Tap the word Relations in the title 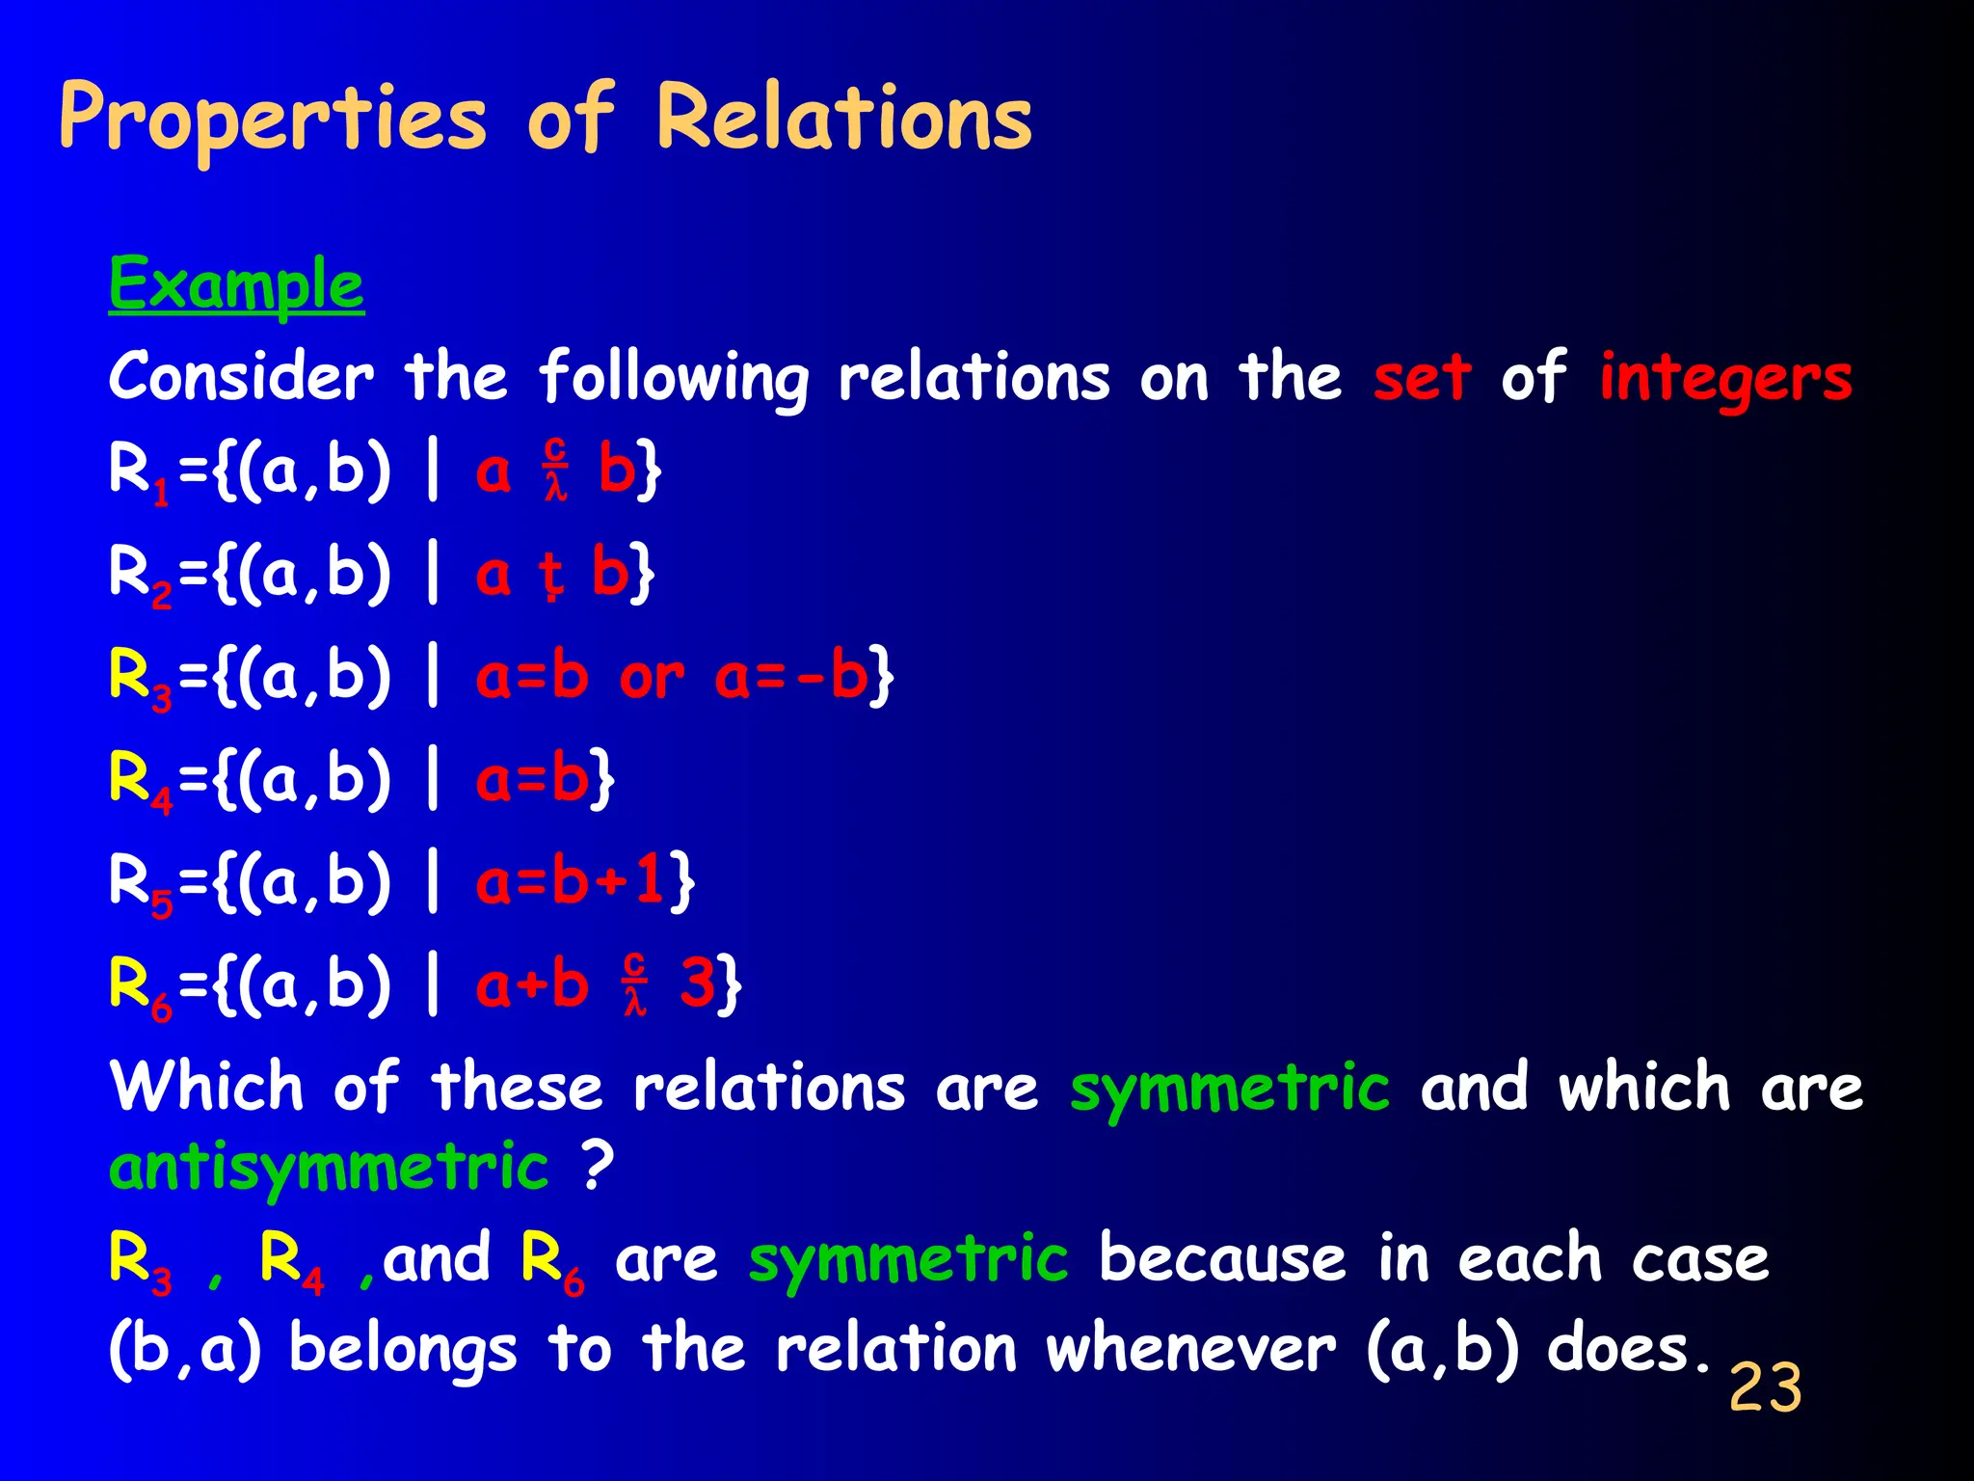[x=843, y=118]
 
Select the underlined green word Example [x=236, y=284]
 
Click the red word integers [x=1725, y=378]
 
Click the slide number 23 [x=1765, y=1388]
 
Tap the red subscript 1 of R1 [x=161, y=493]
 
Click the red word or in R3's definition [x=652, y=677]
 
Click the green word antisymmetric [x=329, y=1168]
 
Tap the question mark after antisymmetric [x=598, y=1166]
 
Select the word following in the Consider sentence [x=673, y=378]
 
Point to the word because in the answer [x=1222, y=1259]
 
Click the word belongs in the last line [x=402, y=1350]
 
